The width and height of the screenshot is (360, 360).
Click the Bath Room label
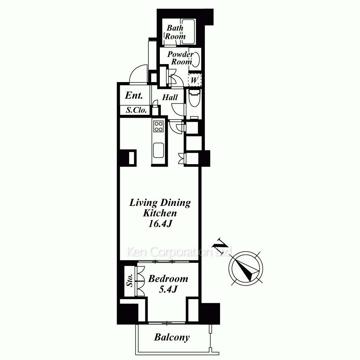[x=175, y=32]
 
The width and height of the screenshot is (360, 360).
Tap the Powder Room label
[x=181, y=58]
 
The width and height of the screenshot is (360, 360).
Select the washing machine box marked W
[x=194, y=80]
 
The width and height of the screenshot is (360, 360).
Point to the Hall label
[x=170, y=97]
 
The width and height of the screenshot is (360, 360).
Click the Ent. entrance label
[x=134, y=95]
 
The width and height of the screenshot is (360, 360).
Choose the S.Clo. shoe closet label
[x=136, y=110]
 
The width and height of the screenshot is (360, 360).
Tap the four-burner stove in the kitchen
[x=158, y=126]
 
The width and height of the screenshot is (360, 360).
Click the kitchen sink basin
[x=158, y=150]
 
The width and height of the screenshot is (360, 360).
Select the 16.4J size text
[x=160, y=224]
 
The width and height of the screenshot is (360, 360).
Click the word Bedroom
[x=168, y=279]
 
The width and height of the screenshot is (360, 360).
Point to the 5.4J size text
[x=168, y=289]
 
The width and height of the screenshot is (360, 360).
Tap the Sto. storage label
[x=130, y=280]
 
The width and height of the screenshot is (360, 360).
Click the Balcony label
[x=172, y=337]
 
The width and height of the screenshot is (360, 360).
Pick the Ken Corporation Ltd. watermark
[x=179, y=252]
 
